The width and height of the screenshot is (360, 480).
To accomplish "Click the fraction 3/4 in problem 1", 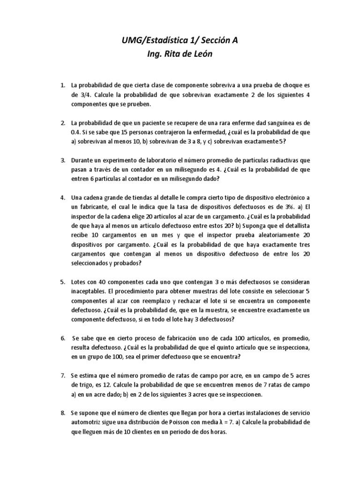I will click(x=76, y=95).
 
